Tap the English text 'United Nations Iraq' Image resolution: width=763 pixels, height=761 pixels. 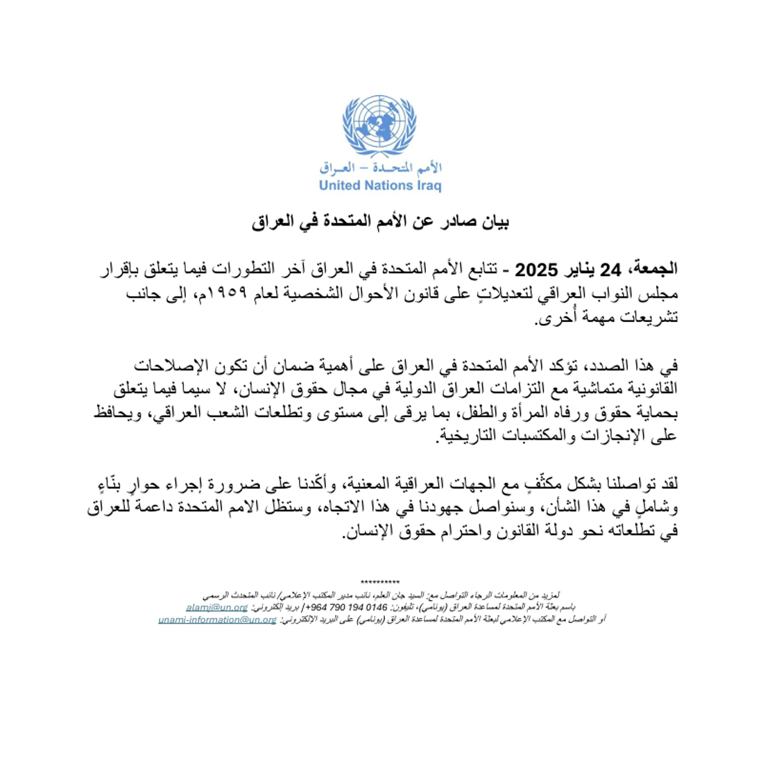(379, 185)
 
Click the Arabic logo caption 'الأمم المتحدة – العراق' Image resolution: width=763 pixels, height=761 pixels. (380, 168)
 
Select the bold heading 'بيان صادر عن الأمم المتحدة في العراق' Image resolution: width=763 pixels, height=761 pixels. (380, 222)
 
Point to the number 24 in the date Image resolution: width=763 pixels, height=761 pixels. (610, 268)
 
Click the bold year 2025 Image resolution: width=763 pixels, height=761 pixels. (539, 268)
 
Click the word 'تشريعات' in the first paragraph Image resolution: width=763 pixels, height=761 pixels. (652, 318)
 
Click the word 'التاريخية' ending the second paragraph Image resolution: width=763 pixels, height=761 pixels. (464, 437)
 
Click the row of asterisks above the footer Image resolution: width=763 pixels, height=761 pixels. (380, 581)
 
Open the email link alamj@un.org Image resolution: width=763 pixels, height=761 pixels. (216, 607)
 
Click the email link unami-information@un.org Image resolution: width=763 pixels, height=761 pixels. (217, 619)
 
